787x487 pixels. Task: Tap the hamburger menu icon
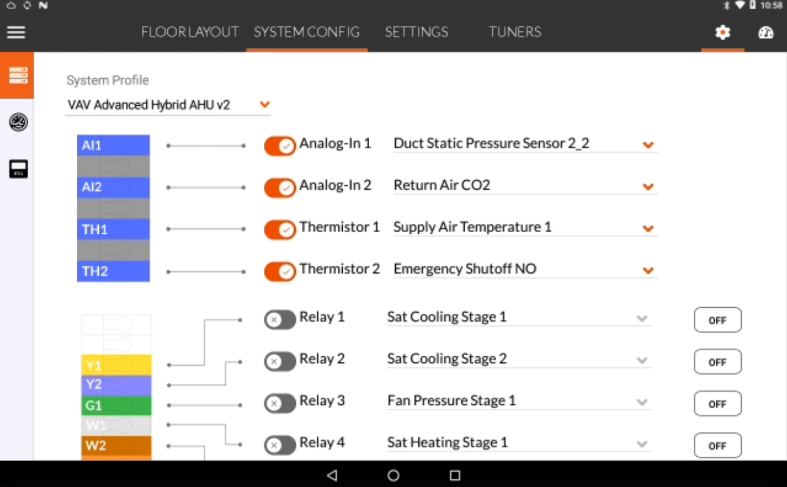[16, 32]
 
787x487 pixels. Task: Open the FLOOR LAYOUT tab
[189, 32]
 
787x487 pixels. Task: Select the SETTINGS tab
[416, 32]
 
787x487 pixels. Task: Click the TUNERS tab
[515, 32]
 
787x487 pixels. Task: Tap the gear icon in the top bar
[723, 32]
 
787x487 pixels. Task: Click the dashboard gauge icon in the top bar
[765, 32]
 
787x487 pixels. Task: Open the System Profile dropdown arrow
[264, 104]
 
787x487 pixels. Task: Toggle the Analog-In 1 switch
[280, 145]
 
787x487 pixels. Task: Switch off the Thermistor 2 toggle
[280, 271]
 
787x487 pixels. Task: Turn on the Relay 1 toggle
[280, 320]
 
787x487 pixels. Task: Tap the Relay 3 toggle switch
[280, 403]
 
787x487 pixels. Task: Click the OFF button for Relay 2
[717, 362]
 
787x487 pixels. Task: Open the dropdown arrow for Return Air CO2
[648, 187]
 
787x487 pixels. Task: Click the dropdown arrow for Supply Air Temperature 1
[648, 229]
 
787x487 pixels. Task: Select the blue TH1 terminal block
[113, 229]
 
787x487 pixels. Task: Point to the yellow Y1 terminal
[116, 365]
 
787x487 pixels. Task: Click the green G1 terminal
[116, 405]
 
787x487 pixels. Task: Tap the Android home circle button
[393, 476]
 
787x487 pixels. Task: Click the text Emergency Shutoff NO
[465, 269]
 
